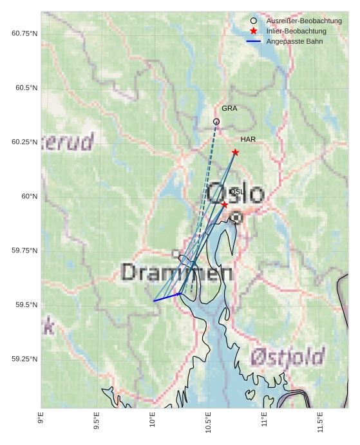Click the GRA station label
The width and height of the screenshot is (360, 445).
(x=229, y=109)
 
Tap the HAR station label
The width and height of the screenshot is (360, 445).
(x=248, y=140)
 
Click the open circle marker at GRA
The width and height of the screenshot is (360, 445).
(x=216, y=122)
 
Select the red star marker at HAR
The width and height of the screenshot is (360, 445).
(x=235, y=153)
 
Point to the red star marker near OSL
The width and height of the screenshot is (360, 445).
(x=224, y=204)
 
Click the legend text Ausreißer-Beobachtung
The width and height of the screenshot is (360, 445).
(x=304, y=21)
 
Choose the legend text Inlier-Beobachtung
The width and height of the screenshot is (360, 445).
(x=296, y=31)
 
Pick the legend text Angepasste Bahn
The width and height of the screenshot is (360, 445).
(x=294, y=41)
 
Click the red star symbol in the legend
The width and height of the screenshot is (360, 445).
(x=254, y=31)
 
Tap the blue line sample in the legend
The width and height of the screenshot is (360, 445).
(x=254, y=41)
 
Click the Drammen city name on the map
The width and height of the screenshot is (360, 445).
(x=176, y=273)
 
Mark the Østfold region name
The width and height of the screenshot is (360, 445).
(x=288, y=356)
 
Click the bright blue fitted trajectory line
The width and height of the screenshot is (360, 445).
(x=167, y=297)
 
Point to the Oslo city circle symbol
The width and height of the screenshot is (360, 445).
(x=236, y=218)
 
